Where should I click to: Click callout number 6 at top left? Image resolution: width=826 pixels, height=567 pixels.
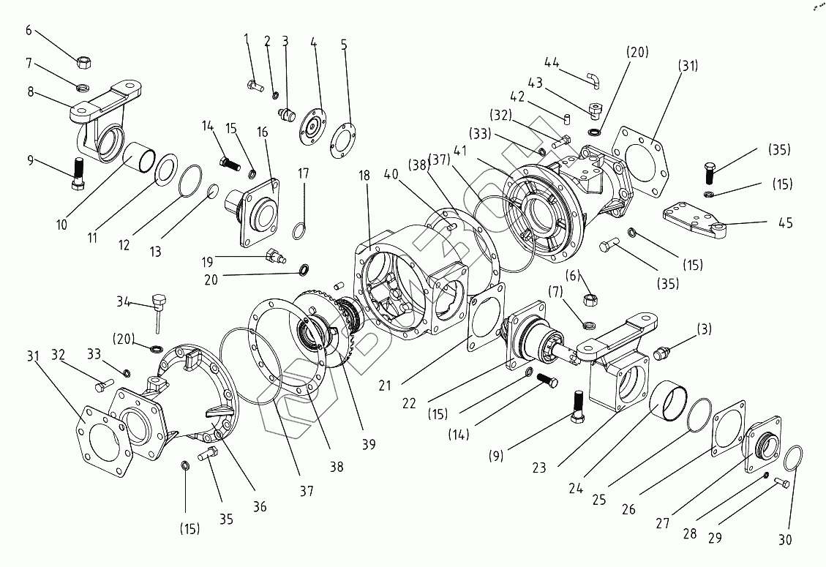(x=29, y=30)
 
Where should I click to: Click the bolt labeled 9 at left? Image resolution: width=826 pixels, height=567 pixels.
(x=79, y=173)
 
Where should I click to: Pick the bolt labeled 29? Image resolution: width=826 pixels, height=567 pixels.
(x=781, y=482)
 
